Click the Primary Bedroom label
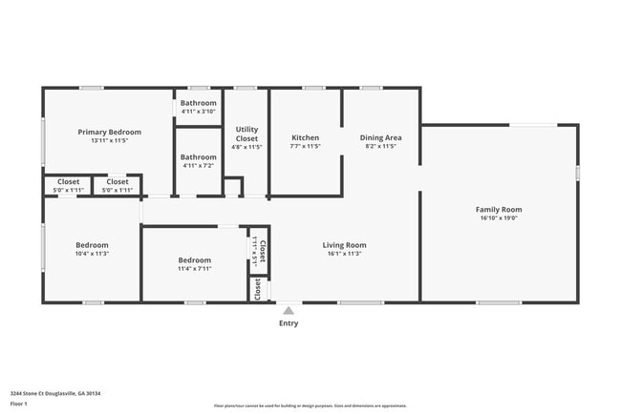coord(110,132)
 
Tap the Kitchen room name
coord(305,137)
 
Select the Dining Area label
coord(379,137)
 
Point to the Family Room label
coord(499,209)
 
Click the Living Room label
coord(344,245)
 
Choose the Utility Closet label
coord(247,134)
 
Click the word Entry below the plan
coord(288,323)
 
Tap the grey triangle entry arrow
coord(288,310)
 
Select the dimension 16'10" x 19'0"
coord(499,217)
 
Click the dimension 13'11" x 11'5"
coord(110,140)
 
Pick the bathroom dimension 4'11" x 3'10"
coord(199,111)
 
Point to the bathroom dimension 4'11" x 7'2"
coord(199,165)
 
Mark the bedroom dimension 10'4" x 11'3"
coord(92,254)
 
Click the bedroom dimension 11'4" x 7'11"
coord(194,268)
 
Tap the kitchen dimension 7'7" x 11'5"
coord(305,146)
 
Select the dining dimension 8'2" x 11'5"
coord(379,146)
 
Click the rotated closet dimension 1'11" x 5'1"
coord(254,250)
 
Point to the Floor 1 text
coord(18,404)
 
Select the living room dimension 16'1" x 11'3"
coord(344,254)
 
